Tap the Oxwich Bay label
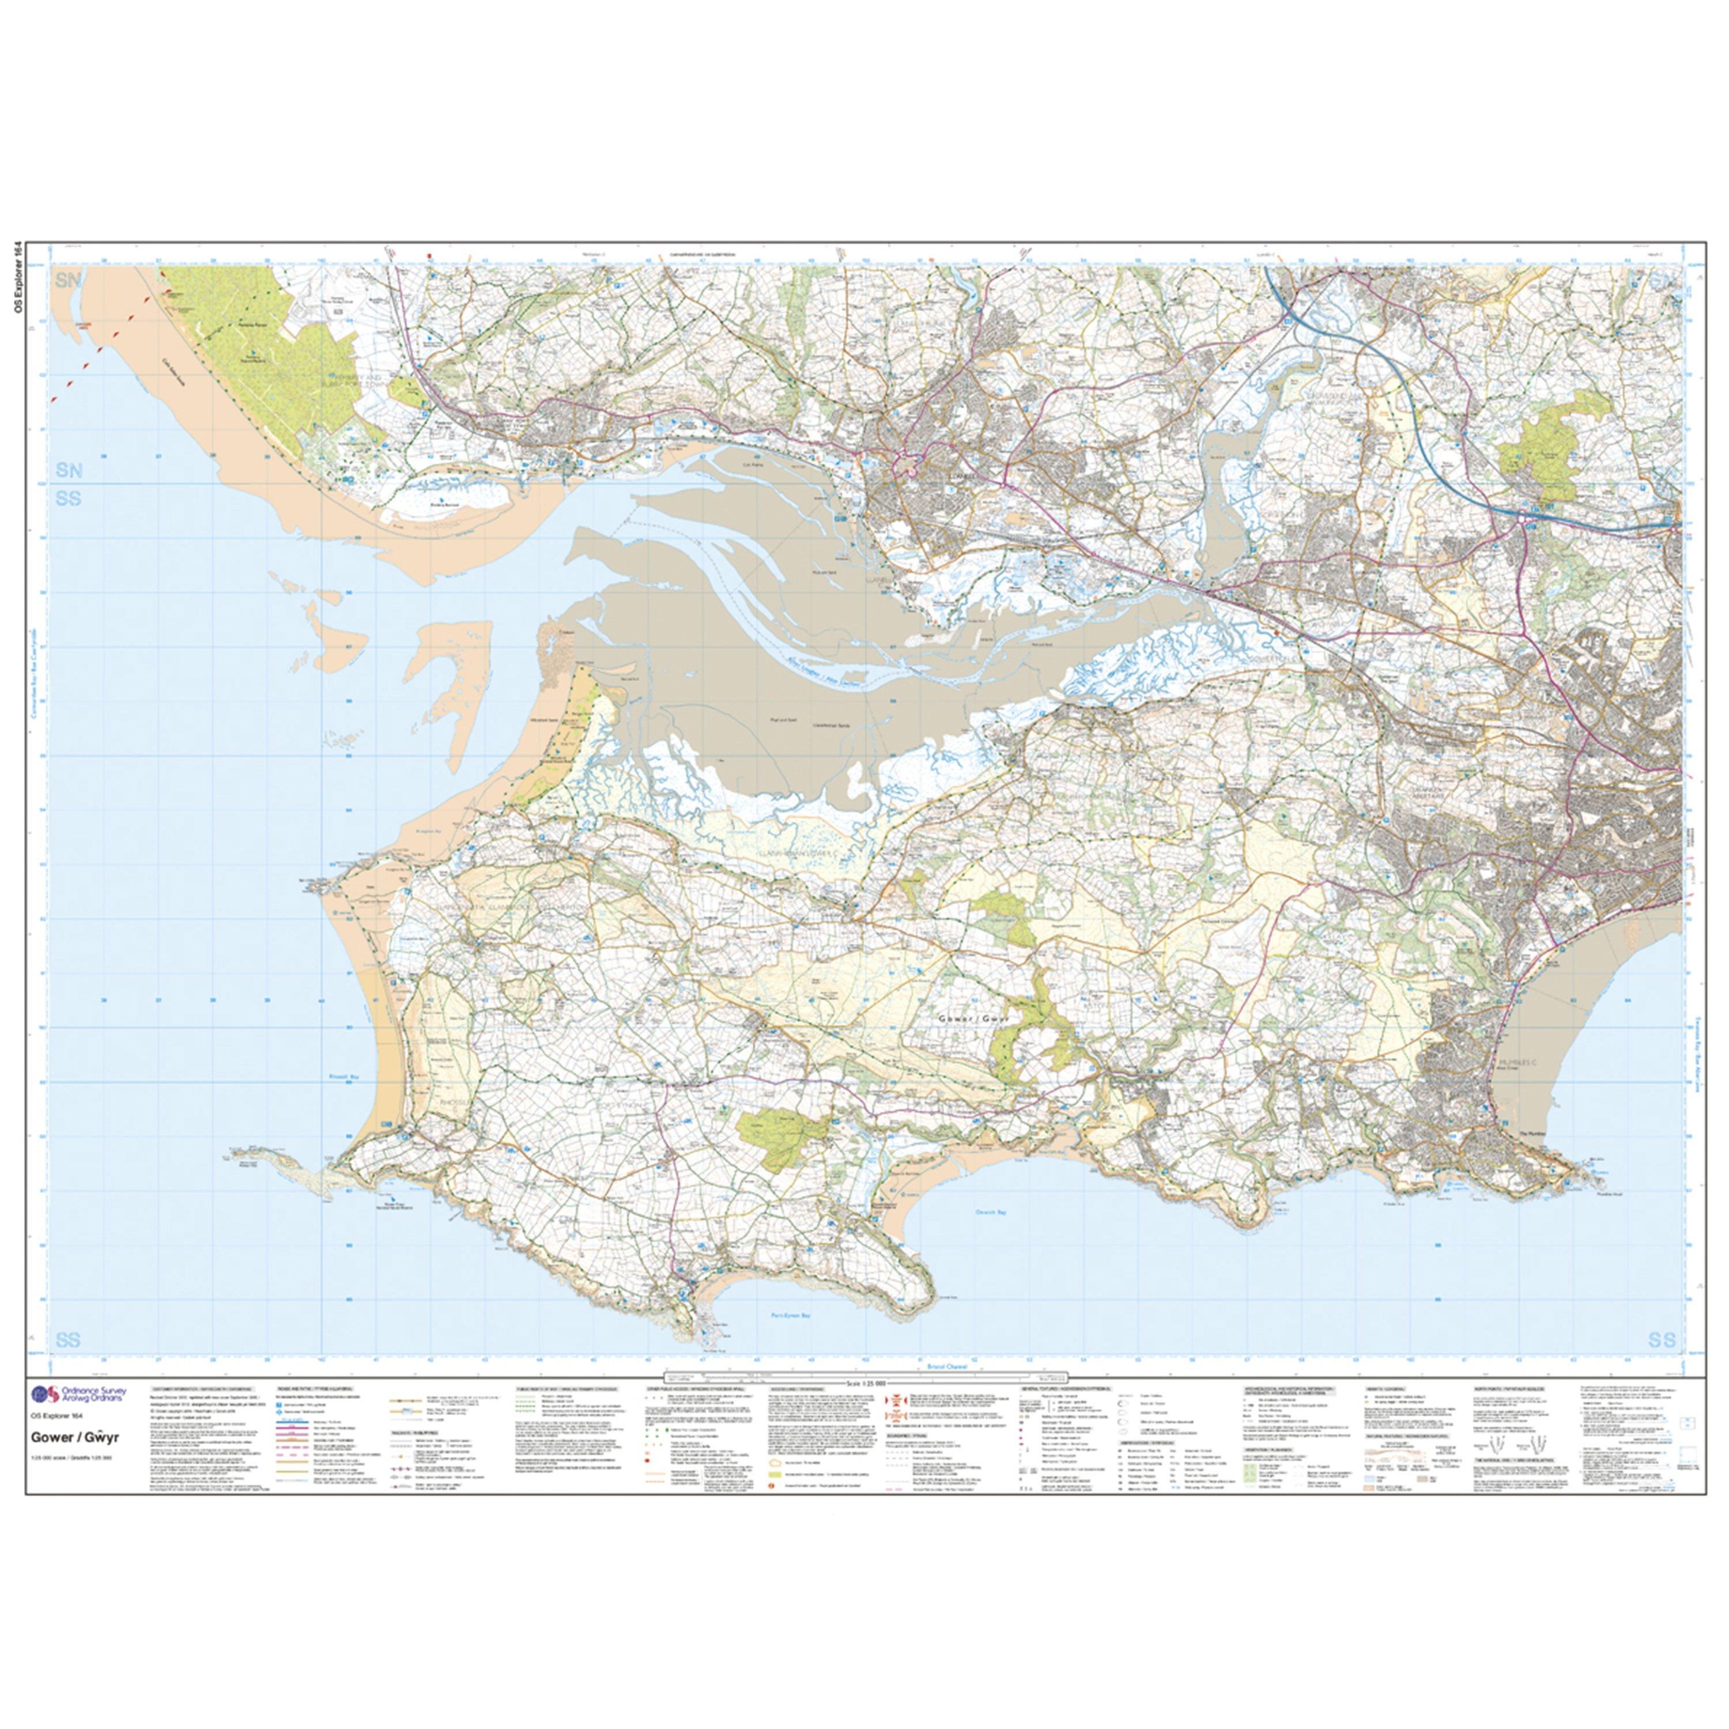[990, 1211]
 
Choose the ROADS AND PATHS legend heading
[312, 1411]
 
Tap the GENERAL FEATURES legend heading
[1065, 1411]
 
